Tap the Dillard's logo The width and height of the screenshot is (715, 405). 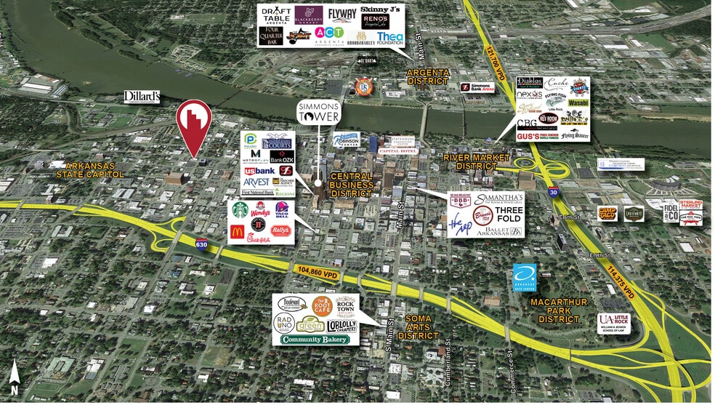tap(142, 97)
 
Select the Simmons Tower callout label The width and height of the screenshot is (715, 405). tap(318, 112)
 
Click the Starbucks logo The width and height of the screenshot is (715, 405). tap(239, 210)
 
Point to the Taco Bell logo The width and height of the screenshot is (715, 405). tap(282, 211)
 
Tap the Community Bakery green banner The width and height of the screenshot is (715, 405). tap(315, 340)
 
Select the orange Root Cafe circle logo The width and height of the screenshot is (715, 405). tap(321, 305)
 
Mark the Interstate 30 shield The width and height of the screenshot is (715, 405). tap(554, 192)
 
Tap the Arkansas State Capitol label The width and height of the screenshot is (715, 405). tap(88, 169)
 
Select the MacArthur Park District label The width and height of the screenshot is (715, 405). tap(554, 310)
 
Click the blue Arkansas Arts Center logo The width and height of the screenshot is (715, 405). tap(524, 276)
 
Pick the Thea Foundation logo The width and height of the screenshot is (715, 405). tap(389, 37)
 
